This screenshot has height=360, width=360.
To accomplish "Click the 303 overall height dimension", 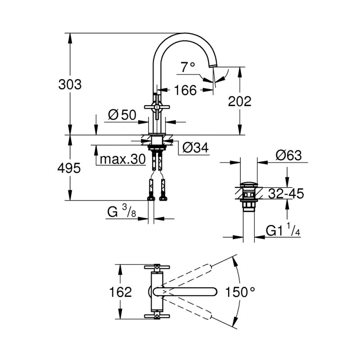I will point(70,84).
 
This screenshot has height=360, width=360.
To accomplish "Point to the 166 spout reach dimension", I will point(185,90).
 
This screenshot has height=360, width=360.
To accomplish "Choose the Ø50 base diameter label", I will point(122,115).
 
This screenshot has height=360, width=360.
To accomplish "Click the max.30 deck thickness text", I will point(123,159).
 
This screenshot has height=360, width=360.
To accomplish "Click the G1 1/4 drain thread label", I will point(283,231).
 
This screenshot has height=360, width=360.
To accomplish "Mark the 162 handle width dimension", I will point(121,292).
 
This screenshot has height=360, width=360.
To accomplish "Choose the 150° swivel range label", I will point(241,292).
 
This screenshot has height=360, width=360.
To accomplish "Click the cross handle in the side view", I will point(157,106).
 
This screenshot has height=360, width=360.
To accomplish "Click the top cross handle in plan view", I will point(157,268).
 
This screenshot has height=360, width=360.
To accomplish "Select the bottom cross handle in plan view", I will point(157,317).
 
